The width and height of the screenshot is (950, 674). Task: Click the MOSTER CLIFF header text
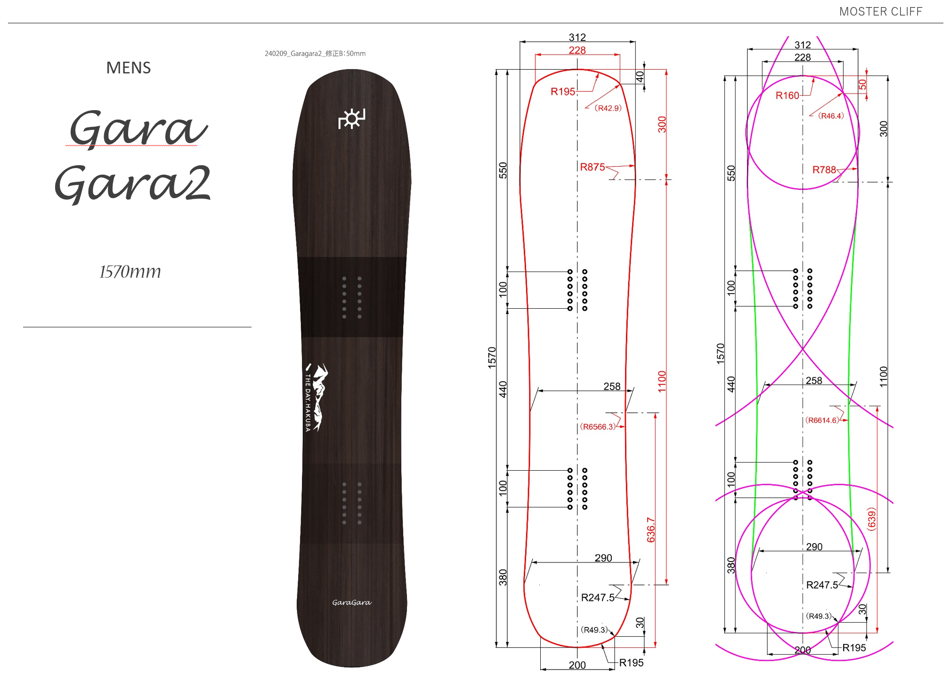click(880, 11)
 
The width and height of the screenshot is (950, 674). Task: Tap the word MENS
click(129, 68)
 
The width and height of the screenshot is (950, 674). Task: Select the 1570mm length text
click(130, 272)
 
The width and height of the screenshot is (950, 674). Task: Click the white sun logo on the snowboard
click(352, 119)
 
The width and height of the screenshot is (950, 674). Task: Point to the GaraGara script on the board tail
click(352, 602)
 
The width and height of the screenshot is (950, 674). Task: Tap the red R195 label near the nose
click(563, 92)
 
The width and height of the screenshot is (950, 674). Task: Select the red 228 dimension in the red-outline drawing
click(577, 50)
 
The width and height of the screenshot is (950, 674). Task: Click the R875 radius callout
click(593, 167)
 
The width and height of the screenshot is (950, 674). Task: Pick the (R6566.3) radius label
click(598, 426)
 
